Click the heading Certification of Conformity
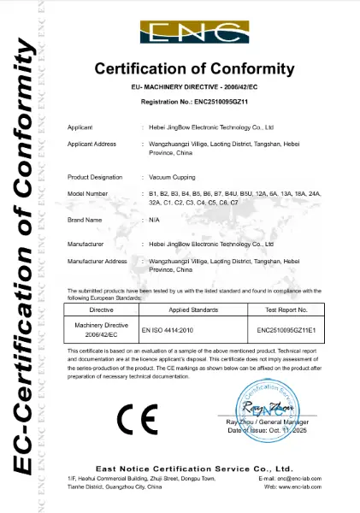coord(194,68)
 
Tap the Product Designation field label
coord(91,176)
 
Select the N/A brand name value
coord(154,220)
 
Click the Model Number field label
coord(87,194)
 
